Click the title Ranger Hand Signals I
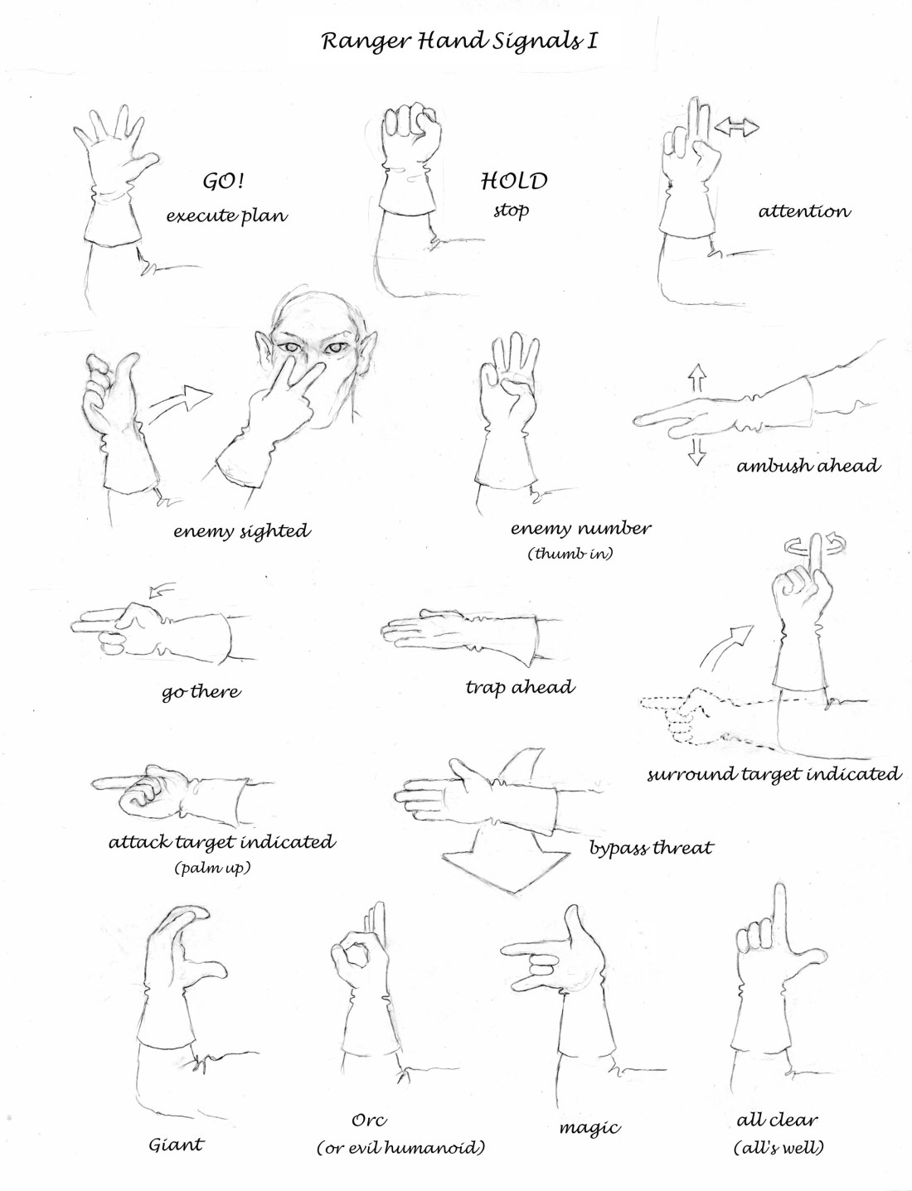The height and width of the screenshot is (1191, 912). pyautogui.click(x=459, y=42)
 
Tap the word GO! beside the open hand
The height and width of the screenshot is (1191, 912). pyautogui.click(x=223, y=182)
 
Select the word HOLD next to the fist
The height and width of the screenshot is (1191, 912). pyautogui.click(x=514, y=181)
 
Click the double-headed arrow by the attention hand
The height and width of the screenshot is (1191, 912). pyautogui.click(x=736, y=128)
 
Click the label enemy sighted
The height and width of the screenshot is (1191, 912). pyautogui.click(x=242, y=531)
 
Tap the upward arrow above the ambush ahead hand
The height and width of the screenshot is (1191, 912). pyautogui.click(x=697, y=378)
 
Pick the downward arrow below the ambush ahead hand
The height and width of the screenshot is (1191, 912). pyautogui.click(x=696, y=451)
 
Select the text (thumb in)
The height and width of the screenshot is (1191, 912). pyautogui.click(x=570, y=554)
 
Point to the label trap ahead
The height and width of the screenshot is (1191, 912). pyautogui.click(x=520, y=687)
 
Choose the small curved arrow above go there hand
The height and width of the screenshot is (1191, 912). pyautogui.click(x=162, y=590)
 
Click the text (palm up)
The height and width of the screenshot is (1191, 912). pyautogui.click(x=212, y=868)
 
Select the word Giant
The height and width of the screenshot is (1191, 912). pyautogui.click(x=176, y=1145)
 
